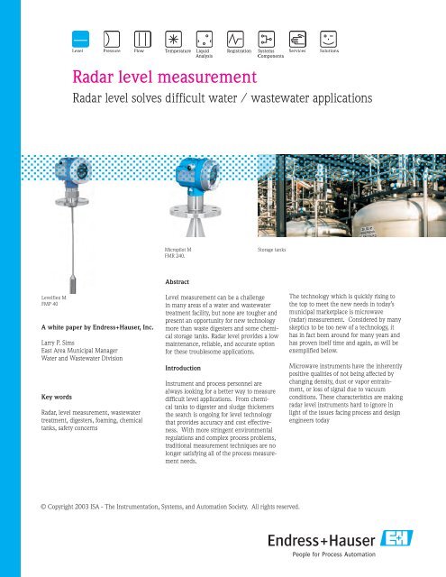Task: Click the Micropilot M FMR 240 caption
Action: pyautogui.click(x=178, y=250)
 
